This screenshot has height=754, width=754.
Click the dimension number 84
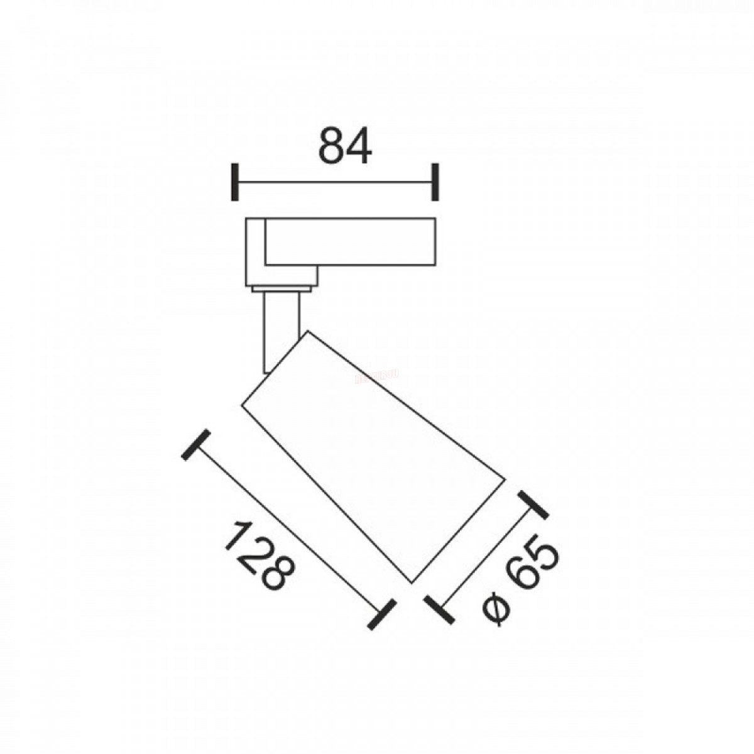[344, 146]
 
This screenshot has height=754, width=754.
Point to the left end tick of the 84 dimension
[235, 182]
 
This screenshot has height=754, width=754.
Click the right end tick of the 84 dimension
[435, 182]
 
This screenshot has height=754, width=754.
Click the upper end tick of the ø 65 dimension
[532, 505]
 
